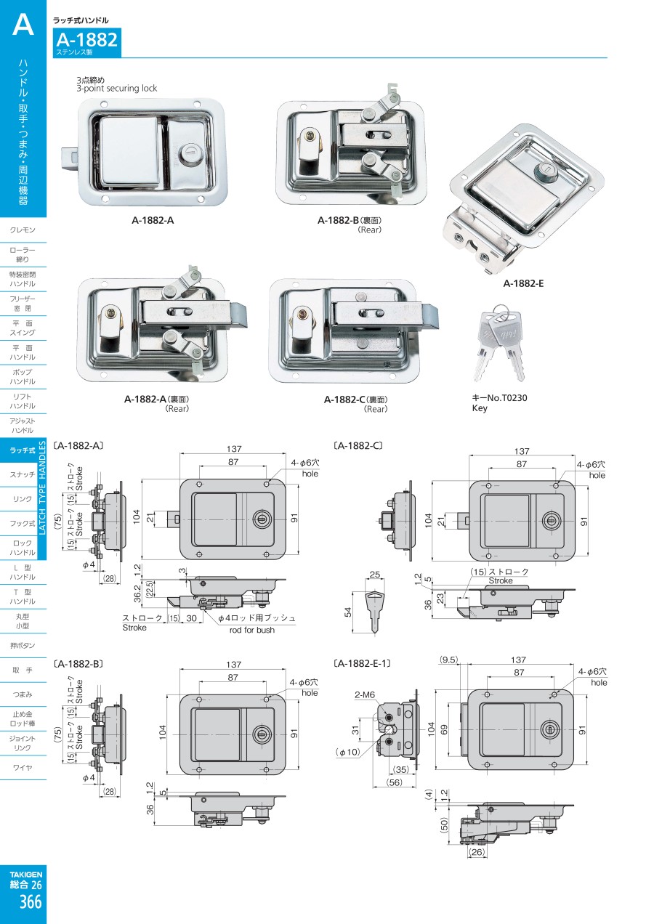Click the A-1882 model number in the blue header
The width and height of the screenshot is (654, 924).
click(x=86, y=40)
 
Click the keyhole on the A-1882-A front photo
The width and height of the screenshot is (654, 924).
click(x=185, y=155)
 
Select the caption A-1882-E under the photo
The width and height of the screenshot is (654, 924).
click(x=523, y=283)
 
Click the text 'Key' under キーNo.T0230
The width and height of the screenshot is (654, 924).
click(x=480, y=409)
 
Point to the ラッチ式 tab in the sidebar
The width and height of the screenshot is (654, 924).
click(x=23, y=450)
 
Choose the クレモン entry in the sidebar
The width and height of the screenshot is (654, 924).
click(x=23, y=230)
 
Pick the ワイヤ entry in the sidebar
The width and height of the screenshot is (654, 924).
click(x=23, y=767)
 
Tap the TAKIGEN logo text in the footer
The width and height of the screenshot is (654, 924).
click(x=26, y=874)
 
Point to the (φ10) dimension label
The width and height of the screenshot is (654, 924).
click(x=347, y=752)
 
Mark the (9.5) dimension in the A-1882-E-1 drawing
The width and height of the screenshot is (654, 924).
click(x=449, y=660)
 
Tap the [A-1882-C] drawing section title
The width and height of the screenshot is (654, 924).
click(x=358, y=445)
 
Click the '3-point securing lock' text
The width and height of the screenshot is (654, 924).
click(x=116, y=89)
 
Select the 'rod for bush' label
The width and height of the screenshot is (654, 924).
click(x=251, y=630)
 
